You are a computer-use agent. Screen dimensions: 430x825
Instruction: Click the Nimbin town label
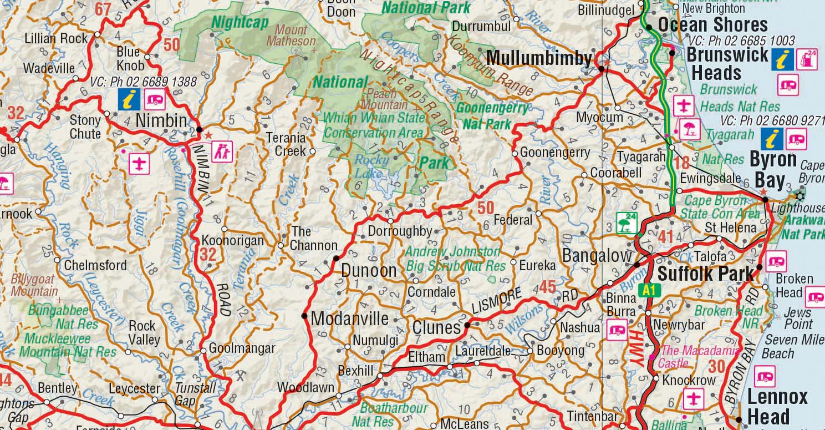click(161, 120)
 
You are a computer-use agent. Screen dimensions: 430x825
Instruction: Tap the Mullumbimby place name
click(539, 58)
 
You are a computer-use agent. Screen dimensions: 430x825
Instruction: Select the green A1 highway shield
click(648, 290)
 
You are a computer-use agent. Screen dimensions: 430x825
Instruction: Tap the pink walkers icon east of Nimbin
click(222, 151)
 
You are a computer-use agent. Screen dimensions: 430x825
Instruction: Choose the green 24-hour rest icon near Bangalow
click(625, 223)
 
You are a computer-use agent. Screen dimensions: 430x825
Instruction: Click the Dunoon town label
click(369, 271)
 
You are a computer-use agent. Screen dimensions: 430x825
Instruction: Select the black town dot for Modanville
click(304, 316)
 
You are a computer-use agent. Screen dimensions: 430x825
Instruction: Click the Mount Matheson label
click(291, 36)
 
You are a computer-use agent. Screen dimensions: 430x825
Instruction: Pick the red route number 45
click(547, 287)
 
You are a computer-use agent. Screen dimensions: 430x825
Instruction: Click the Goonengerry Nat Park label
click(492, 115)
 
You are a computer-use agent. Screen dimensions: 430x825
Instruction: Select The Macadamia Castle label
click(700, 357)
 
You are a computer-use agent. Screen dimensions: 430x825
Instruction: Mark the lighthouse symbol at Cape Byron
click(799, 195)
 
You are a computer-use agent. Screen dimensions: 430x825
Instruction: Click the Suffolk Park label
click(706, 274)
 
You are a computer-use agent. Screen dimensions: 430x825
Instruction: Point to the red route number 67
click(104, 9)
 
